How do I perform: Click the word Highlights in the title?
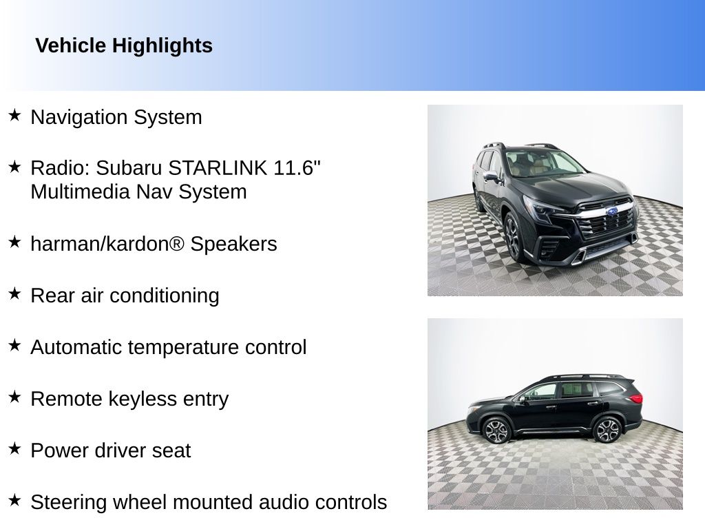(x=162, y=46)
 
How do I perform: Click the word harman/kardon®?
(x=107, y=244)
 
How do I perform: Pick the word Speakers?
(x=234, y=245)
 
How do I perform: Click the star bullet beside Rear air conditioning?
(x=14, y=293)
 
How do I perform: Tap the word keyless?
(x=149, y=399)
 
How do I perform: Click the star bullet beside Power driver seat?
(x=14, y=448)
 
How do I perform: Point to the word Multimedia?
(x=81, y=191)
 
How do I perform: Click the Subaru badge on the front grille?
(x=611, y=211)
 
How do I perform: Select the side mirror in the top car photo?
(x=490, y=176)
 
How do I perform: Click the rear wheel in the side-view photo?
(x=607, y=430)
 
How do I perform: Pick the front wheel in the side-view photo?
(x=496, y=431)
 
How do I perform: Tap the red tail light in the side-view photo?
(x=635, y=397)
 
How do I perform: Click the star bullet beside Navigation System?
(x=14, y=115)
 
